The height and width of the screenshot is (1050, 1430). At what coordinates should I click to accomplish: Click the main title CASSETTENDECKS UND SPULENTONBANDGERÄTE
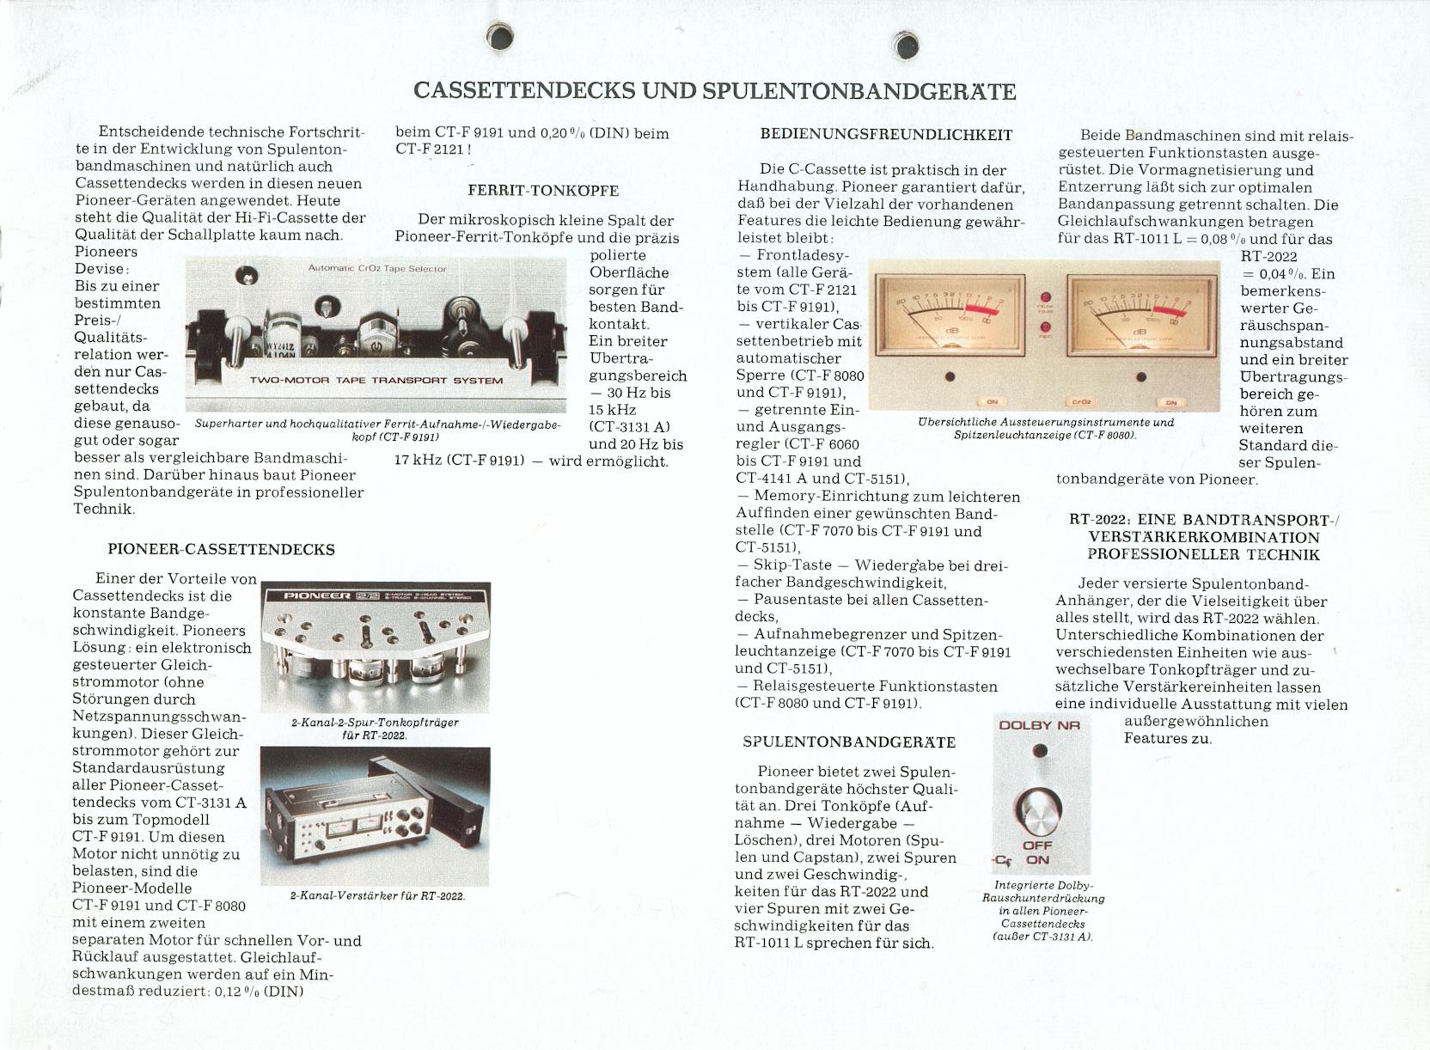(x=714, y=90)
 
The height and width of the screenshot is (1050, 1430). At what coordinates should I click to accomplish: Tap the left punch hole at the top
(x=499, y=36)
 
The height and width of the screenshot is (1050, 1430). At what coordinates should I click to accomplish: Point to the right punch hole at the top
(x=905, y=46)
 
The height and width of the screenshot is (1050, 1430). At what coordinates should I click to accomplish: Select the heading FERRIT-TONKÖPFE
(x=543, y=190)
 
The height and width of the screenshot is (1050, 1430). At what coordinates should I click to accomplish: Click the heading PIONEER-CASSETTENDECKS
(x=221, y=550)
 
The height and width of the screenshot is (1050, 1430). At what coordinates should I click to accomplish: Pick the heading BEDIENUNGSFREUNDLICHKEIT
(x=886, y=135)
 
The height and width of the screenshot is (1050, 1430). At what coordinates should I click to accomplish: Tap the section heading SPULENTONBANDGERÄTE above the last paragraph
(x=849, y=742)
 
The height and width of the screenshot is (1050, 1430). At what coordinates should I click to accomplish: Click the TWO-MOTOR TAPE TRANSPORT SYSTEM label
(x=376, y=381)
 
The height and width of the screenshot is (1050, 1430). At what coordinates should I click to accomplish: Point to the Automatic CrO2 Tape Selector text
(x=377, y=269)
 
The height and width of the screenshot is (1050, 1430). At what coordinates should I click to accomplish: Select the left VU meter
(x=950, y=314)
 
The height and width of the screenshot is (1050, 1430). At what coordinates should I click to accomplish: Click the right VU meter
(x=1141, y=315)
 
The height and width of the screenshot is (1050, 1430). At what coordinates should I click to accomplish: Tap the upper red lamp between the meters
(x=1046, y=298)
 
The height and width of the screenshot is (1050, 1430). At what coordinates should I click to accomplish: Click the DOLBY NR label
(x=1039, y=725)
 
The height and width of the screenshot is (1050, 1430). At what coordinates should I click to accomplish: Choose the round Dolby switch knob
(x=1038, y=810)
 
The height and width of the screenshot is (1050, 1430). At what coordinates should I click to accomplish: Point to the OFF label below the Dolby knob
(x=1037, y=845)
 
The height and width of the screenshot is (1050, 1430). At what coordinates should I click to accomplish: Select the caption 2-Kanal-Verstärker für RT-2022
(x=377, y=895)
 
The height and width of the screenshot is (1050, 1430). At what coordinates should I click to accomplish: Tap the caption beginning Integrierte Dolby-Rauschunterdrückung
(x=1043, y=911)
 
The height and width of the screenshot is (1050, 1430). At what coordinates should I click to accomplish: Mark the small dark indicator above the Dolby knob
(x=1039, y=751)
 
